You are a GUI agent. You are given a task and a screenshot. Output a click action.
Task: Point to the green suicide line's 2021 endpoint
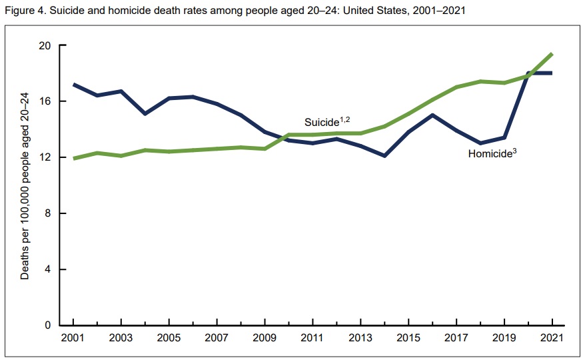point(552,54)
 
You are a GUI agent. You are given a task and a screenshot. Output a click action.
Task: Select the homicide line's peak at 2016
point(432,115)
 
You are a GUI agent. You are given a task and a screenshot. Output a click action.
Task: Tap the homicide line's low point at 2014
point(384,156)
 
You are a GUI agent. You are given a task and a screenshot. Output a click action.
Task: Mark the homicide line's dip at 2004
point(145,114)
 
